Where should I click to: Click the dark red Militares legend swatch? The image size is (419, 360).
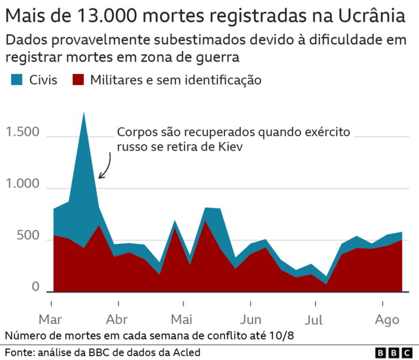pos(79,81)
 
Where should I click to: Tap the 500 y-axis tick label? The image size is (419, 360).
pos(29,236)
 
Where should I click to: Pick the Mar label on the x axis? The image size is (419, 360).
pos(50,321)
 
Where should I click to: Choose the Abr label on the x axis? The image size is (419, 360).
pos(118,321)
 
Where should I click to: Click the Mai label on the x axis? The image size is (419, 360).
pos(181,321)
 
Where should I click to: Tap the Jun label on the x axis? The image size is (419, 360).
pos(250,321)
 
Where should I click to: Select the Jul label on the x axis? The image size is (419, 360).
pos(315,321)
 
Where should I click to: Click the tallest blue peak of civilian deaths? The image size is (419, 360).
pos(84,115)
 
